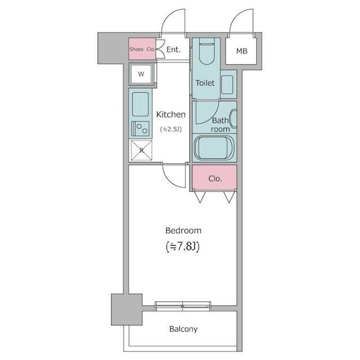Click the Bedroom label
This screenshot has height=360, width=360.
[183, 231]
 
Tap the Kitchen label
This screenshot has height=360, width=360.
[171, 114]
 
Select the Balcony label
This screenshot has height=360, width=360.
[183, 329]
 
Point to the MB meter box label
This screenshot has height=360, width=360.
[242, 51]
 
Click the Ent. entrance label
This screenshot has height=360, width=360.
[173, 49]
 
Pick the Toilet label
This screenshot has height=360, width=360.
[205, 83]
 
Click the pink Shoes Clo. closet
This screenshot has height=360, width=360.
[142, 49]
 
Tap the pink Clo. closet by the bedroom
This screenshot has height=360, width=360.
[214, 178]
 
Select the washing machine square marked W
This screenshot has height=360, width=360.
[141, 74]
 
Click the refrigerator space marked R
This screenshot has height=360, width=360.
[141, 150]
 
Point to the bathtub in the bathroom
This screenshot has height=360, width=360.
[214, 148]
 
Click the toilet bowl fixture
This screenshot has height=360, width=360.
[206, 51]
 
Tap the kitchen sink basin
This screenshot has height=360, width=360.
[140, 105]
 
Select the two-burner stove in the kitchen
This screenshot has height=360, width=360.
[140, 129]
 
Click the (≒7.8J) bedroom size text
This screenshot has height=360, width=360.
[183, 246]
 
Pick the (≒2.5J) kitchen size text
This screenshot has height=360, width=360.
[171, 129]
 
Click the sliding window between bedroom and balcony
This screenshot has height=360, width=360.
[183, 306]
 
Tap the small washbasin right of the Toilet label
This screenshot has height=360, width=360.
[227, 84]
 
